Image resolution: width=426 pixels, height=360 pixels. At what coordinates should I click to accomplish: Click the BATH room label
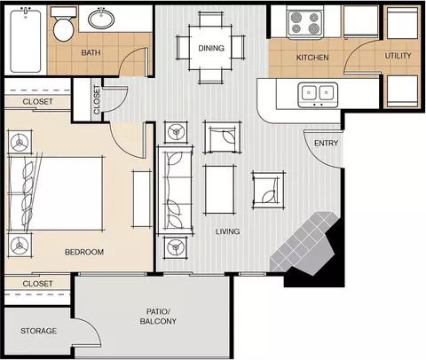[91, 52]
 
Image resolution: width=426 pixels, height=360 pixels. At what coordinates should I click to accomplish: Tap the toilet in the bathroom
[63, 25]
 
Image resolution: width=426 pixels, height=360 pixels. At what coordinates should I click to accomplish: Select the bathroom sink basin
[101, 19]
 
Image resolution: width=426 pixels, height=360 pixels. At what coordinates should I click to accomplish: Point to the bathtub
[26, 41]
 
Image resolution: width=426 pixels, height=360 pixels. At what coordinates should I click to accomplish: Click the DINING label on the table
[211, 48]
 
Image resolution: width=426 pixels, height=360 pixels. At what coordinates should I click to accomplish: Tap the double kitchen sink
[318, 95]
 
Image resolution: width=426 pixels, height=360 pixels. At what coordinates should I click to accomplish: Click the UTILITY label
[398, 56]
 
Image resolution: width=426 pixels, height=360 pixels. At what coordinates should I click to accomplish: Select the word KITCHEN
[312, 58]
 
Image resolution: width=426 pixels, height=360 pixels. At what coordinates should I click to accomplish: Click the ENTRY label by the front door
[326, 143]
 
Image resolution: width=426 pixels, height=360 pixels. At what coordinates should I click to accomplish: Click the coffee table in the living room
[219, 190]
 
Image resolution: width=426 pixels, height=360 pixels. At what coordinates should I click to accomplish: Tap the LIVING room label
[227, 231]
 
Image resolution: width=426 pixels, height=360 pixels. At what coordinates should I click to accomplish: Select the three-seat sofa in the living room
[176, 190]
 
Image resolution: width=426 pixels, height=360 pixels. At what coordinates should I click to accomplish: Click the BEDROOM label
[84, 252]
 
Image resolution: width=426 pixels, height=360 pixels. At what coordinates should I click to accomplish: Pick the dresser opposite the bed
[142, 199]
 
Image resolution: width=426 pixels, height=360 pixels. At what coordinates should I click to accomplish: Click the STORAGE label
[38, 331]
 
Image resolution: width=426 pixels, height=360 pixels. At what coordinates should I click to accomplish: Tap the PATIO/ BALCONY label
[158, 317]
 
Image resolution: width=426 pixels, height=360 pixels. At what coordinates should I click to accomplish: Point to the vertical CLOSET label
[97, 99]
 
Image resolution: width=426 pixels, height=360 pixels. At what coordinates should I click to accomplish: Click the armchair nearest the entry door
[268, 190]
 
